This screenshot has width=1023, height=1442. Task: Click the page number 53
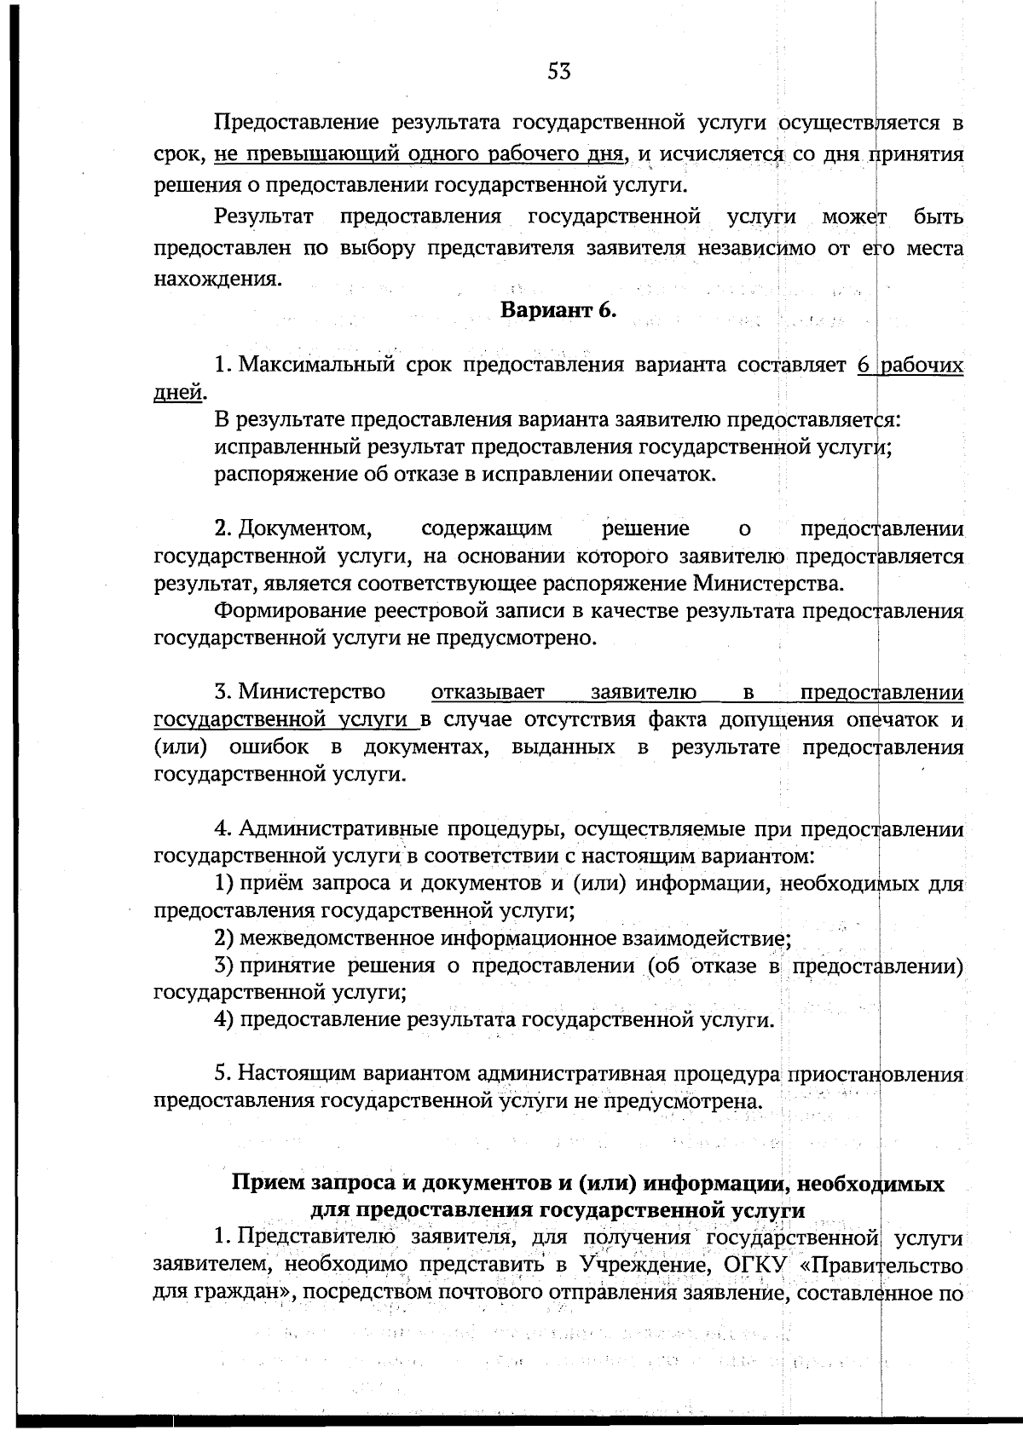558,72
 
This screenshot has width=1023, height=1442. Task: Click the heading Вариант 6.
558,310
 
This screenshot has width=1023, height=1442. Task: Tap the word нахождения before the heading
217,279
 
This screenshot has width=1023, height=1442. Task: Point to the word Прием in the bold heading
268,1184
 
